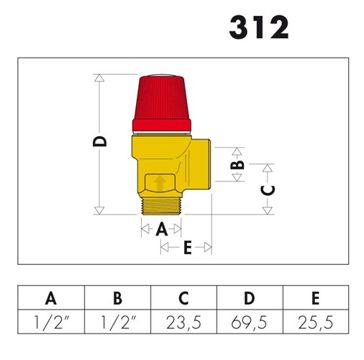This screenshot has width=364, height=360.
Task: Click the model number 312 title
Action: [259, 27]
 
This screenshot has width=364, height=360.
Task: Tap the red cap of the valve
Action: [162, 104]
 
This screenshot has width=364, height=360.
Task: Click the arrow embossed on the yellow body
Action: [160, 184]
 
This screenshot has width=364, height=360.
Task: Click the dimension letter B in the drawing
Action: [237, 165]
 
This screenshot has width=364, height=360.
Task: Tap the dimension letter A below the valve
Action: [162, 229]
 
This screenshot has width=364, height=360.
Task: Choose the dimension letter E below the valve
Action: [188, 248]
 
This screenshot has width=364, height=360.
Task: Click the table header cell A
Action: [51, 298]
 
